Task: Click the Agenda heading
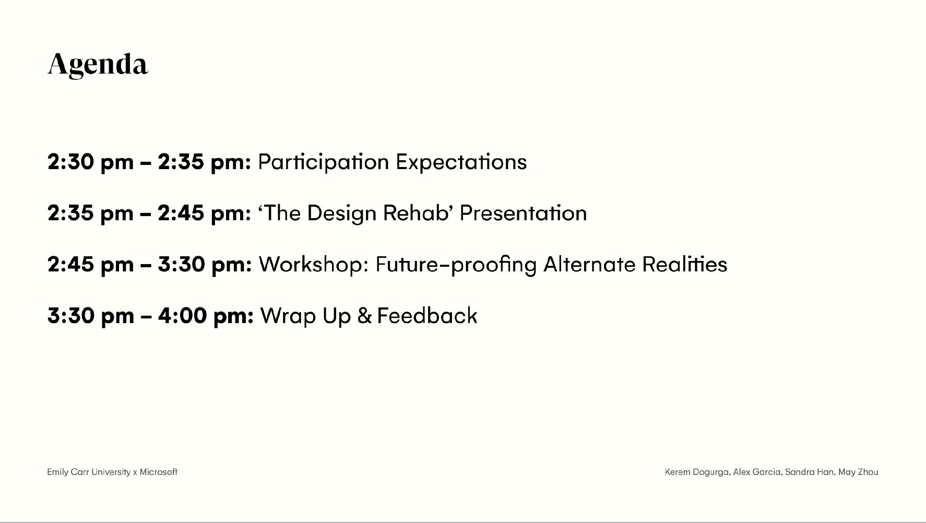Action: [x=98, y=65]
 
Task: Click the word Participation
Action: [x=324, y=162]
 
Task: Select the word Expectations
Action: [x=461, y=162]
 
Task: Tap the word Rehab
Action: [x=415, y=213]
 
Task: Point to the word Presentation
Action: [x=523, y=213]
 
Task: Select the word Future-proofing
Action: [x=456, y=265]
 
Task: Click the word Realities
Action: [x=684, y=264]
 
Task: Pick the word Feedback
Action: [x=427, y=316]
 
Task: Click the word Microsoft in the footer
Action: [x=159, y=472]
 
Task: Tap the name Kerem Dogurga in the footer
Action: [x=697, y=472]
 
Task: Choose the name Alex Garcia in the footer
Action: [x=757, y=472]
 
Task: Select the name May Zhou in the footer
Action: [x=858, y=472]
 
